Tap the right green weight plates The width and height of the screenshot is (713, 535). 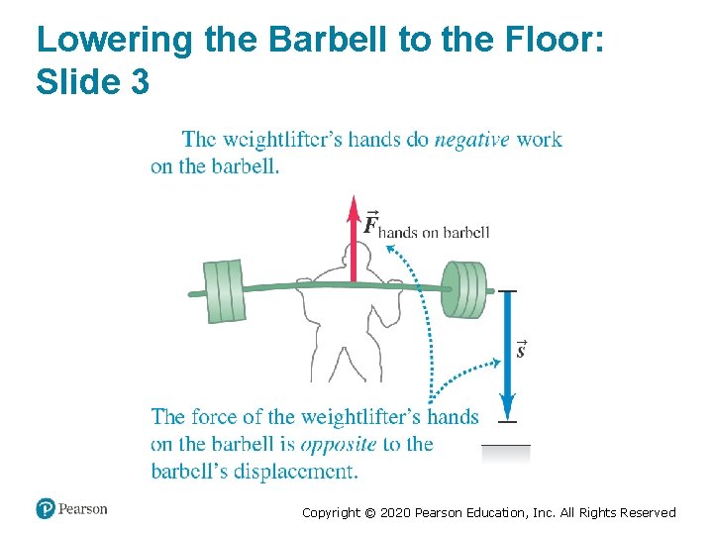click(463, 289)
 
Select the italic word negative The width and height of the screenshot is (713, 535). click(471, 140)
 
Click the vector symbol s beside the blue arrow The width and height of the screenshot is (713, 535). click(521, 349)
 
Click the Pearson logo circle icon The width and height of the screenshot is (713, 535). click(46, 508)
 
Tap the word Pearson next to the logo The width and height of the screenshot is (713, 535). click(83, 509)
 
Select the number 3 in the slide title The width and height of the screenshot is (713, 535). click(139, 82)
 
